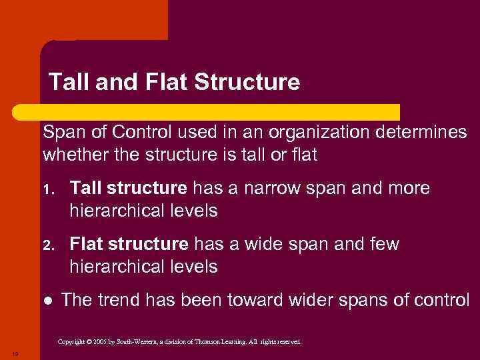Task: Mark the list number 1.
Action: click(47, 189)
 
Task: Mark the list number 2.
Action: click(47, 245)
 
